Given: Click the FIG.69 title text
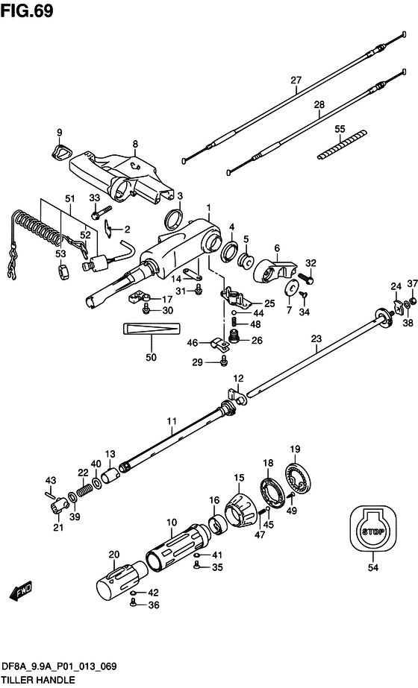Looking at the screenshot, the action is [27, 10].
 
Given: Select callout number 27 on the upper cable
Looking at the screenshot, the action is [296, 81].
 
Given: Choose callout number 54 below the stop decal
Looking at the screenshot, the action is [373, 568].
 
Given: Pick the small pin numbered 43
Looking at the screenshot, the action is [51, 493].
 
